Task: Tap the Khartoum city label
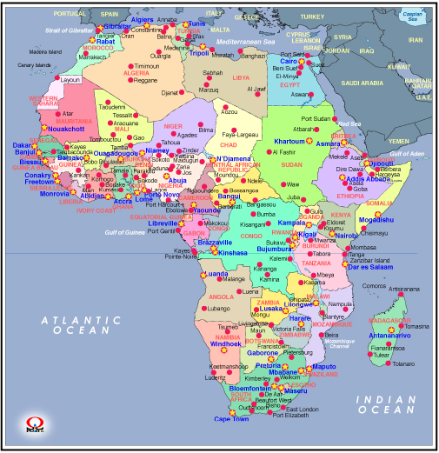pyautogui.click(x=289, y=141)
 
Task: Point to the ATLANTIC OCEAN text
pyautogui.click(x=77, y=324)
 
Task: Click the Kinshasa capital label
pyautogui.click(x=233, y=252)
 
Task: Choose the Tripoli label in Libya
pyautogui.click(x=198, y=52)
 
